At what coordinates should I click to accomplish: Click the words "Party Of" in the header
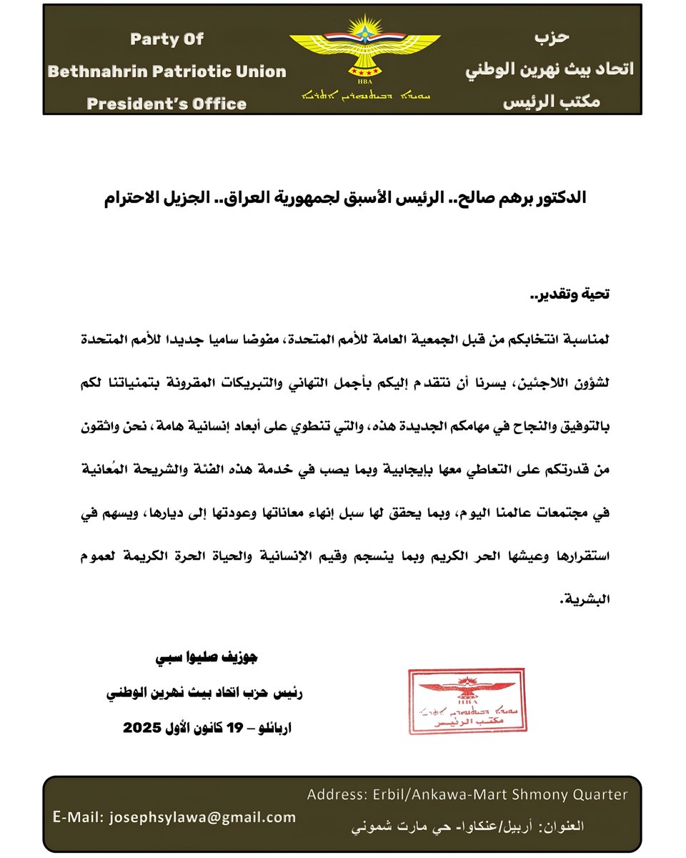pos(166,39)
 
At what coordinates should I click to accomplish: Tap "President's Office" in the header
pos(166,104)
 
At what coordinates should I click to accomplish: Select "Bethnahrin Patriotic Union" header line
pos(166,71)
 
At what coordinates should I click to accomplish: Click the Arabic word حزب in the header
pos(552,36)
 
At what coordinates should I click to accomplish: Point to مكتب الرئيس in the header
pos(552,102)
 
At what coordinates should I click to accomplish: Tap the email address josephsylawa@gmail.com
pos(203,817)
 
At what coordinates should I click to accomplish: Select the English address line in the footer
pos(467,794)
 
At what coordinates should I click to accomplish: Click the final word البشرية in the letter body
pos(580,601)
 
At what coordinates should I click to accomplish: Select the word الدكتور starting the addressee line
pos(558,198)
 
